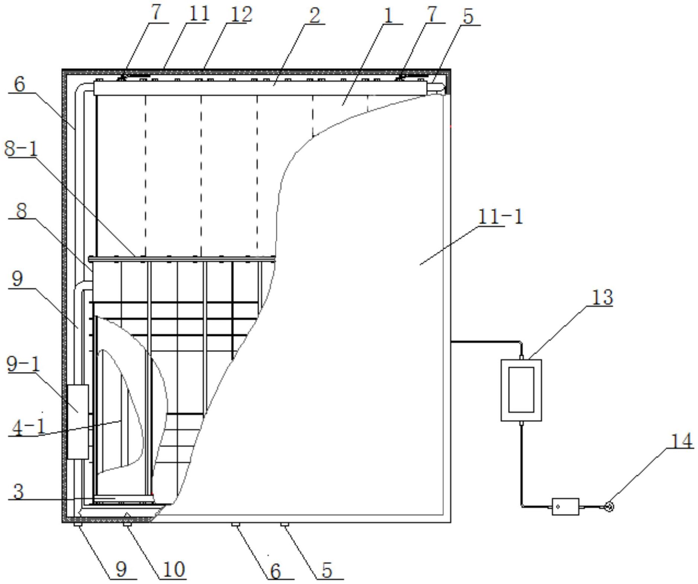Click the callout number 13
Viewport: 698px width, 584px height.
602,298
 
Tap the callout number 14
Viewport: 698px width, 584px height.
681,442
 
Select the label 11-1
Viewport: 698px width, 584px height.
500,216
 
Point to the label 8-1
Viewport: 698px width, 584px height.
21,149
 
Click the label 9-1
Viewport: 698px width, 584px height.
23,365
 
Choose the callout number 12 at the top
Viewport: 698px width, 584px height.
241,15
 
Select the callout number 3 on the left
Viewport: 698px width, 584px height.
18,491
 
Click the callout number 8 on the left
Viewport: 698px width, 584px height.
21,211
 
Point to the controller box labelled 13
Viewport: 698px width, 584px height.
521,390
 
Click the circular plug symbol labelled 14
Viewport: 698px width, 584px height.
609,506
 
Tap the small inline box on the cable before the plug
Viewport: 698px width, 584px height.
565,506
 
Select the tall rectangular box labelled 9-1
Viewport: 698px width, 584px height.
78,421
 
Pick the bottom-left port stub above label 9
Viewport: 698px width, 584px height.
78,524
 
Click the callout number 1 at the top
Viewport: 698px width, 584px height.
388,16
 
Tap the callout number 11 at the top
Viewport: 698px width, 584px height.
199,14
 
